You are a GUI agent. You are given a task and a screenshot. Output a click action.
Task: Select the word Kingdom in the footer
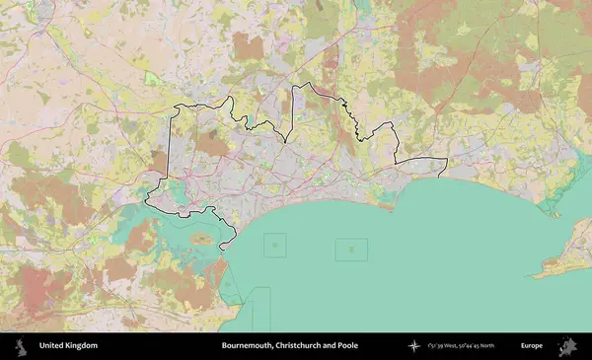pyautogui.click(x=83, y=346)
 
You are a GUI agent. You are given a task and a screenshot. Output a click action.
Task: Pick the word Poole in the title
pyautogui.click(x=347, y=346)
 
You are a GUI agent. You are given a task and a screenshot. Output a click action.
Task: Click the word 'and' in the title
pyautogui.click(x=331, y=346)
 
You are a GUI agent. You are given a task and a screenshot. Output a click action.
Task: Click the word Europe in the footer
pyautogui.click(x=532, y=346)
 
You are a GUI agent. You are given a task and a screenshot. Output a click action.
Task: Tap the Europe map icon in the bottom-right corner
pyautogui.click(x=568, y=346)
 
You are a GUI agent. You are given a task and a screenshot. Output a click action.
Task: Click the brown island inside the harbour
pyautogui.click(x=202, y=239)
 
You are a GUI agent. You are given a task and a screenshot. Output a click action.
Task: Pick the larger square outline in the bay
pyautogui.click(x=350, y=250)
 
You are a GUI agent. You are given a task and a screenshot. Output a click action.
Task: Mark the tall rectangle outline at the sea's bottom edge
pyautogui.click(x=261, y=308)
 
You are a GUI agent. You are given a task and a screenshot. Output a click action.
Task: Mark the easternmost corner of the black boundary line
pyautogui.click(x=447, y=159)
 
